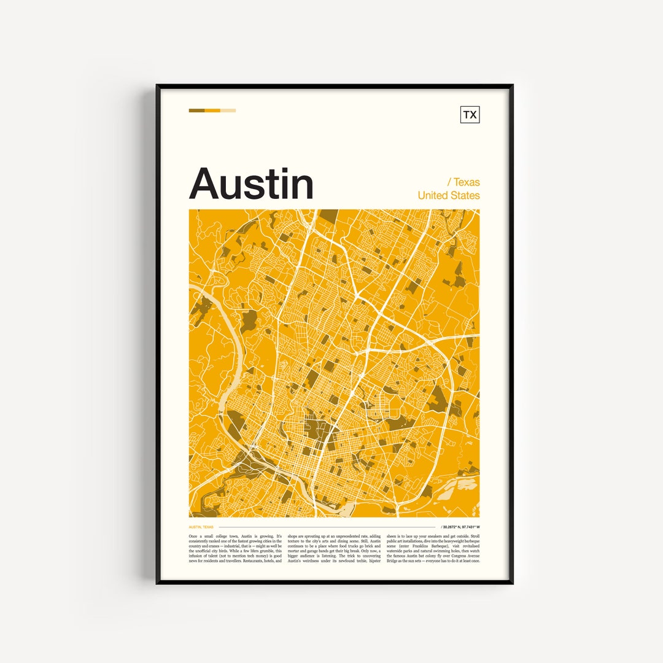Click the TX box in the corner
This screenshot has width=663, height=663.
click(470, 115)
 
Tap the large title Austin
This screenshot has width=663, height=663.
click(251, 183)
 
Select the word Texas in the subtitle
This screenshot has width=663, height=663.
click(467, 182)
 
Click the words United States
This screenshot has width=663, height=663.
click(449, 195)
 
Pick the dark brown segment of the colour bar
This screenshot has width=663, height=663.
click(196, 110)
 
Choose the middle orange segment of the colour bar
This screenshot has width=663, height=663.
click(212, 110)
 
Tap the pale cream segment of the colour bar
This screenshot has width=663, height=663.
click(228, 110)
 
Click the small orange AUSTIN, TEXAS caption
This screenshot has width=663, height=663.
click(201, 527)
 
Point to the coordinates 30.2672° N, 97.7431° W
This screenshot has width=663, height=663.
click(461, 527)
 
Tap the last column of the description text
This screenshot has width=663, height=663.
click(433, 548)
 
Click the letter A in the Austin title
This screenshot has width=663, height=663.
click(206, 183)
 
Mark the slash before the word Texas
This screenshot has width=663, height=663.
click(449, 182)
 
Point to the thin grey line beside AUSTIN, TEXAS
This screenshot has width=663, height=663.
click(325, 527)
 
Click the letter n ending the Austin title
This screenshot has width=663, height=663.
click(301, 187)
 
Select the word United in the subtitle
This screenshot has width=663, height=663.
click(432, 195)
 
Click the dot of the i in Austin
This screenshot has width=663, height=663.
click(280, 169)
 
